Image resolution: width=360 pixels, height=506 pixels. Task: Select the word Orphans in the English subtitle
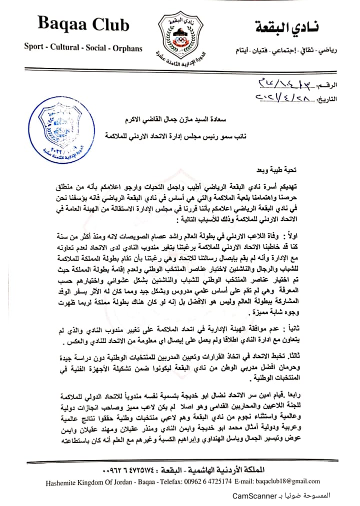pyautogui.click(x=127, y=47)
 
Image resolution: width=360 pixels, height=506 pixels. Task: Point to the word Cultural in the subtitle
pyautogui.click(x=67, y=47)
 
